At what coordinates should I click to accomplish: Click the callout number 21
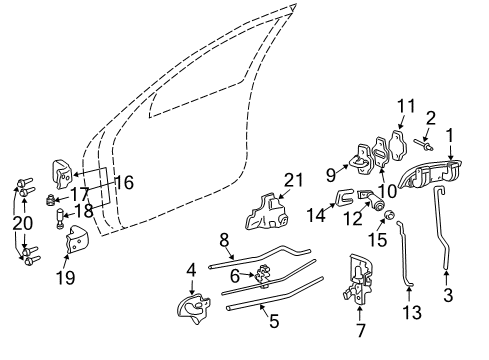292,180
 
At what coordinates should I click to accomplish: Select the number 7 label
360,329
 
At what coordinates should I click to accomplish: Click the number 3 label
448,296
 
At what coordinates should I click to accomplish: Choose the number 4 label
191,268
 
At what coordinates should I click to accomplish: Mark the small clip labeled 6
264,275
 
